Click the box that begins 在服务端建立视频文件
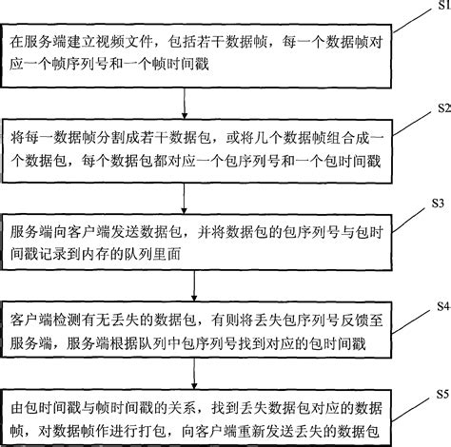[x=200, y=53]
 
